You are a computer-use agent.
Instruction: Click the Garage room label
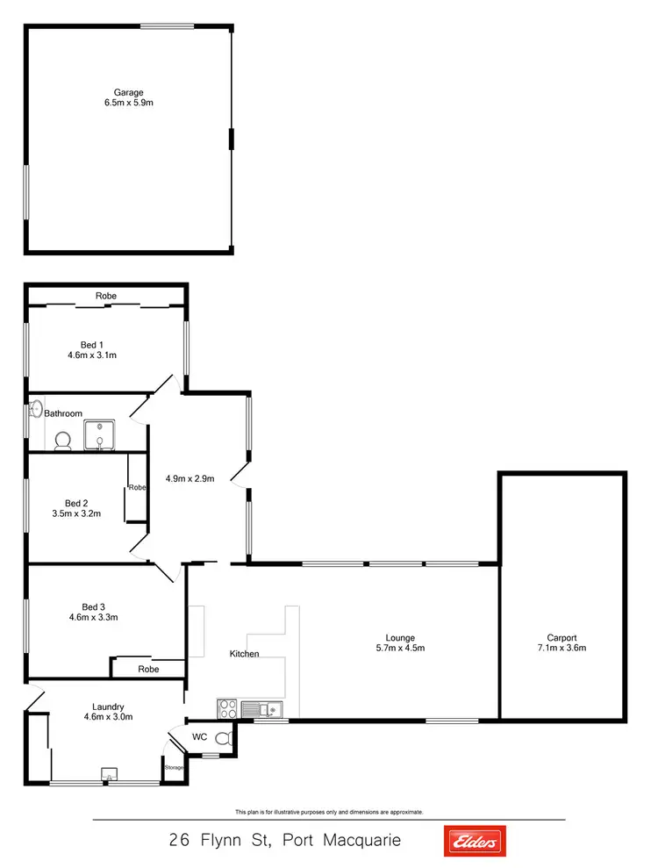coord(128,92)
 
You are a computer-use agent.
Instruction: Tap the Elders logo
coord(475,841)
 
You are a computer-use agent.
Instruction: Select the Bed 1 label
coord(92,344)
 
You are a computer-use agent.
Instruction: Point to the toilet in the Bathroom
coord(62,441)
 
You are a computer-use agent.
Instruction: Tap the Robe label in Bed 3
coord(148,669)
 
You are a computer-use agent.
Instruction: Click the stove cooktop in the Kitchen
coord(227,707)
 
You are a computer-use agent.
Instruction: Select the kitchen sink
coord(261,708)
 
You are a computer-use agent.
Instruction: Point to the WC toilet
coord(223,738)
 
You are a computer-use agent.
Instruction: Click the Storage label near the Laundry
coord(174,768)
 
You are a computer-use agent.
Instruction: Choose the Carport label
coord(561,638)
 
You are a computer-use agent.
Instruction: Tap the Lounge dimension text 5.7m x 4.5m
coord(400,649)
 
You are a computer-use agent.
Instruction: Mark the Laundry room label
coord(108,706)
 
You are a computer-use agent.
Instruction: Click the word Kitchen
coord(244,654)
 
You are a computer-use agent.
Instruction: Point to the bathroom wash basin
coord(36,409)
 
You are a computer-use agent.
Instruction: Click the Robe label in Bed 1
coord(106,296)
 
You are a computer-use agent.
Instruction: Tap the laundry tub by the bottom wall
coord(109,774)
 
